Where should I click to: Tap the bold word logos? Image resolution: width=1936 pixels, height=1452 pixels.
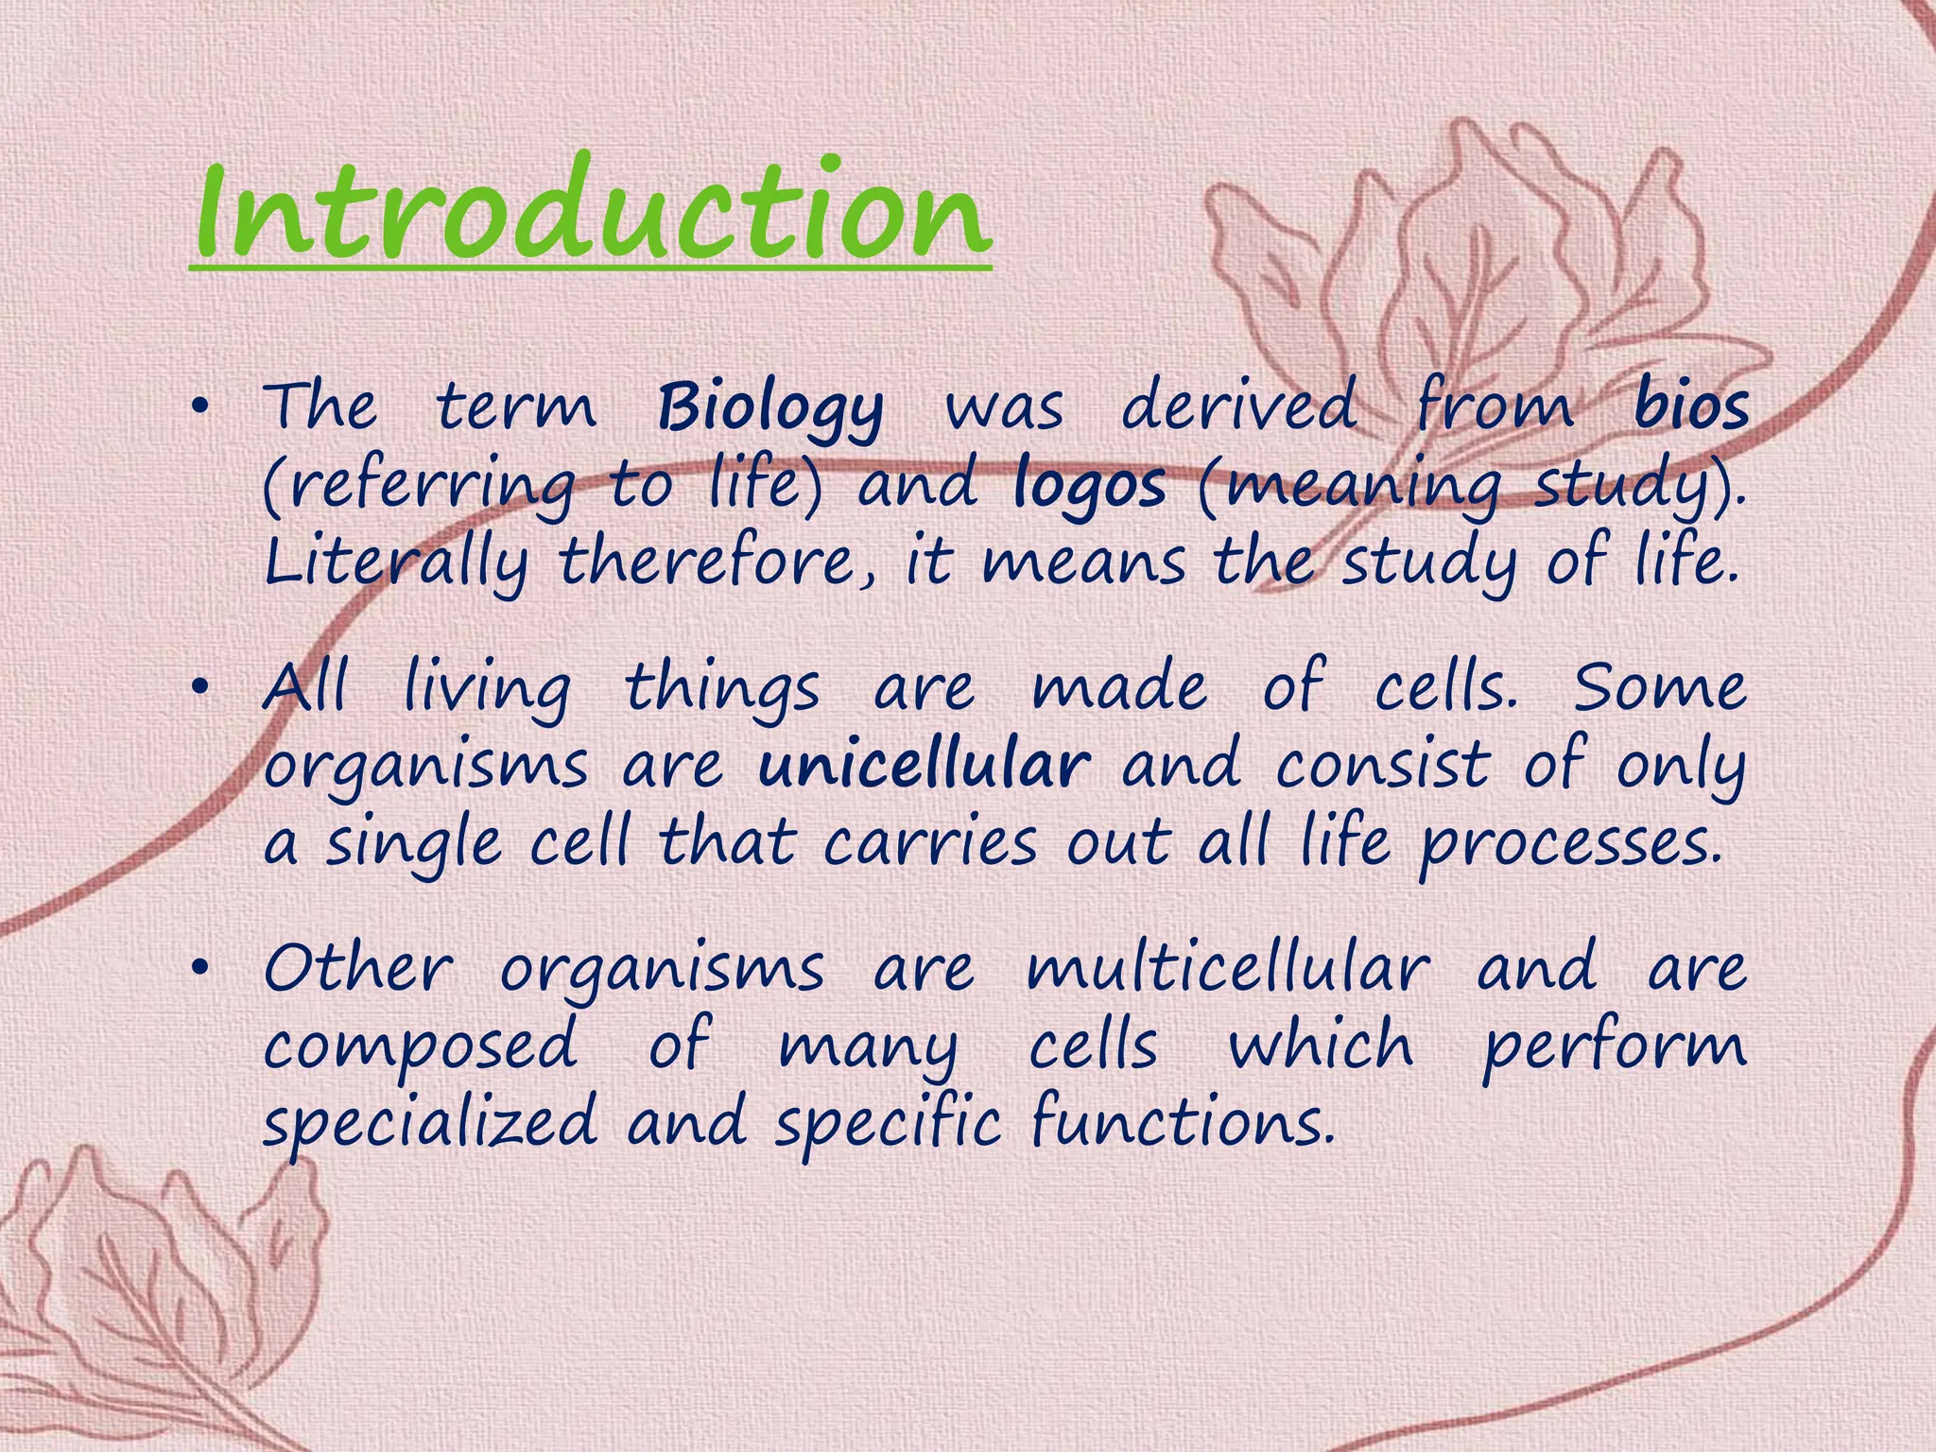click(x=1089, y=486)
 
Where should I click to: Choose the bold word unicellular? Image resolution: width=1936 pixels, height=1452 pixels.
click(x=925, y=766)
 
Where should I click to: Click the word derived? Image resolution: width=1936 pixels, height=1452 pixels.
click(x=1238, y=406)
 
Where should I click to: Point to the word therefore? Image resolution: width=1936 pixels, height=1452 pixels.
click(x=723, y=563)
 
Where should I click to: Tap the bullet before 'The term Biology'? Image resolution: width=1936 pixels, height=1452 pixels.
click(x=198, y=408)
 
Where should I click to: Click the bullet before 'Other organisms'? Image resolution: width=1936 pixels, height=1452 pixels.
click(x=198, y=970)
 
